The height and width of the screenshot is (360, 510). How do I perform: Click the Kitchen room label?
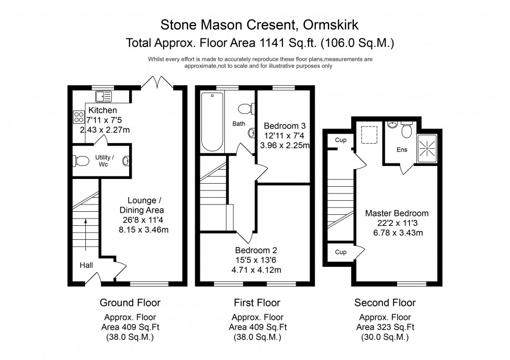pos(103,110)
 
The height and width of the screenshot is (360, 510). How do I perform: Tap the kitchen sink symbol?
pos(104,96)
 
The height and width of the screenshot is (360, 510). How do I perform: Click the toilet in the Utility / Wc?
pos(80,161)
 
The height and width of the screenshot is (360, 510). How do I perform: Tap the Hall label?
pos(86,265)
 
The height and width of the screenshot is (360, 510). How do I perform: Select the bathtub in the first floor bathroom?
pos(212,121)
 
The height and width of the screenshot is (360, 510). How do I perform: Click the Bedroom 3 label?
pos(285,126)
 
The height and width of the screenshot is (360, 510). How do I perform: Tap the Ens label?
pos(402,150)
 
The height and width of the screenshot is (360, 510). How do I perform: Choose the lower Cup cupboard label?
pos(341,252)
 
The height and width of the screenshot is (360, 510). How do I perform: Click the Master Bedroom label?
pos(397,213)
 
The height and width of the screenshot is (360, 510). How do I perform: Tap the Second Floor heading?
pos(385,303)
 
